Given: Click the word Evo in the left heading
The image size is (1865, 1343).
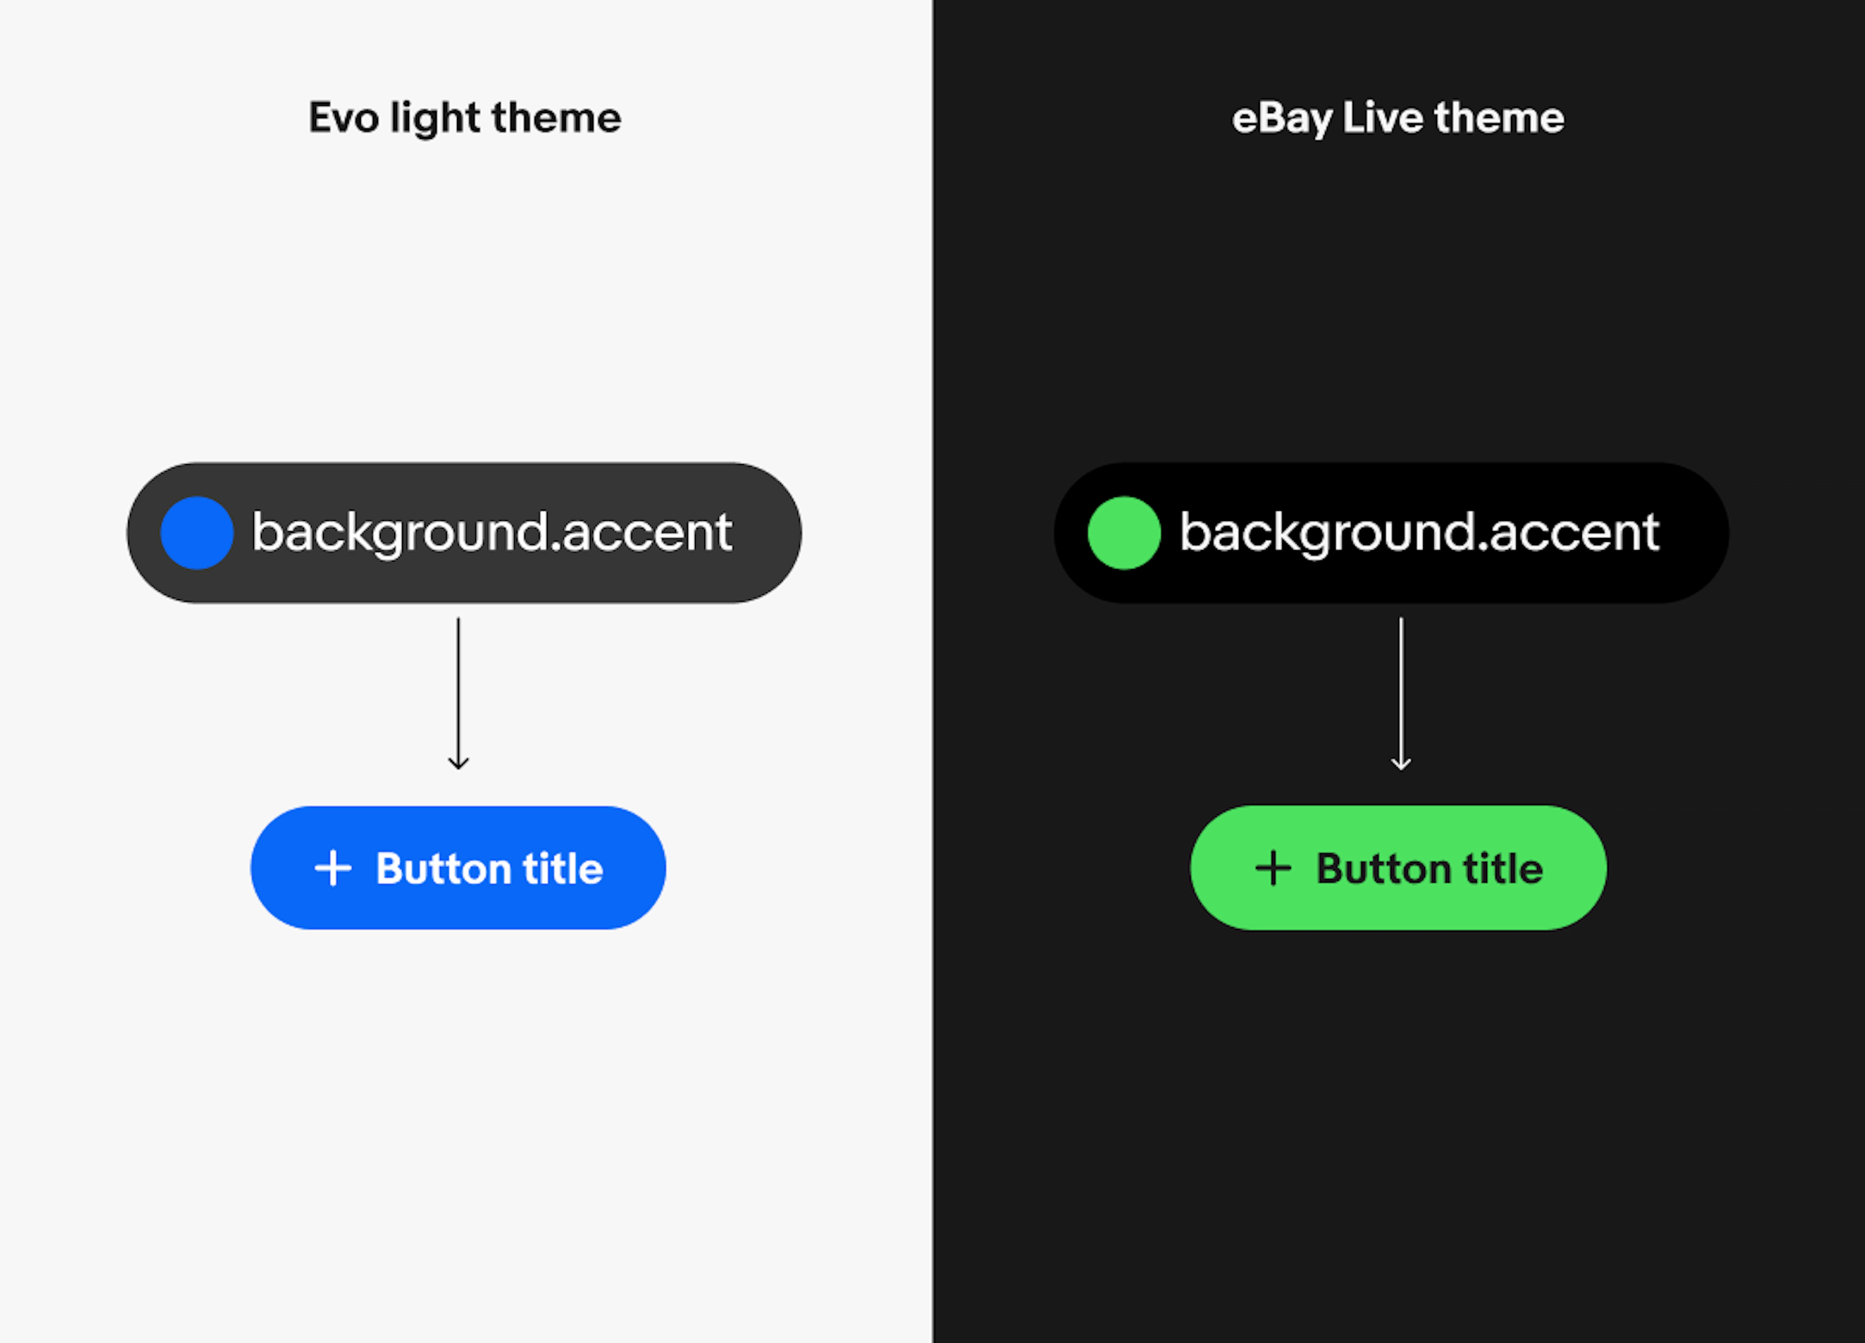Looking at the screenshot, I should [x=343, y=118].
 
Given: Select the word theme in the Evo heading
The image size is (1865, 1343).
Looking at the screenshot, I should [x=556, y=118].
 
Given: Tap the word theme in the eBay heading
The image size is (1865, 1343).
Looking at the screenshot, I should [x=1499, y=118].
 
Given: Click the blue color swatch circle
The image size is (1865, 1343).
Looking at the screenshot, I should [x=197, y=533].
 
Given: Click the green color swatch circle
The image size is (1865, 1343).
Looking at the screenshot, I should [x=1123, y=533].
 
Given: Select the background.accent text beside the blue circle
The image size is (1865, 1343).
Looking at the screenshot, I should [x=491, y=533].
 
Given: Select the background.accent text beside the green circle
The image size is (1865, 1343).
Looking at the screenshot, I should [x=1419, y=533].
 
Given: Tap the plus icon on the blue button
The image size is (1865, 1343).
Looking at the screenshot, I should [x=333, y=868].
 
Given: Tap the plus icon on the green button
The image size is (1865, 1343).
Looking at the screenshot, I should [x=1273, y=868].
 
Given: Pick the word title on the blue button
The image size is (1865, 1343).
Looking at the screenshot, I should [x=563, y=868].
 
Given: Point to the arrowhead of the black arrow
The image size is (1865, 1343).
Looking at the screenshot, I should [x=458, y=764].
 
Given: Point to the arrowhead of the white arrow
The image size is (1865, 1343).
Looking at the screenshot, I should [x=1401, y=764].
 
